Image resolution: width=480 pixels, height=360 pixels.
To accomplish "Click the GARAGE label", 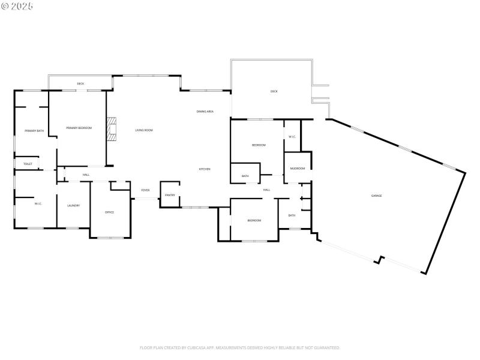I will (376, 196).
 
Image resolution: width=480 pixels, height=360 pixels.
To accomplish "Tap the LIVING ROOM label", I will (143, 130).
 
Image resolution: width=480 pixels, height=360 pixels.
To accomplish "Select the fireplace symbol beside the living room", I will (111, 128).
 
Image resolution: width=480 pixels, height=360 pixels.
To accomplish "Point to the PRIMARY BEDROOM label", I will (79, 128).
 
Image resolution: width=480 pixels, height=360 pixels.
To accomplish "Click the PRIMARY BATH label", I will (34, 131).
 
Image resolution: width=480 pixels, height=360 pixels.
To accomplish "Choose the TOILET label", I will (28, 164).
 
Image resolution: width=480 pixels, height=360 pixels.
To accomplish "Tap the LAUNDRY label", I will (74, 206).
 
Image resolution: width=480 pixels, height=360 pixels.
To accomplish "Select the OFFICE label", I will (109, 212).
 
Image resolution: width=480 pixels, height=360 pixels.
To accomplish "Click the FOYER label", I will (145, 190).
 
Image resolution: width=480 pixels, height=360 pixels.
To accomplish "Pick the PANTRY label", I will (170, 195).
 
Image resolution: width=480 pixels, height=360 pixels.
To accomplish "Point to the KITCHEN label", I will (205, 169).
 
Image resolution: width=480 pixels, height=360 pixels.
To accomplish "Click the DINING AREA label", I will (205, 112).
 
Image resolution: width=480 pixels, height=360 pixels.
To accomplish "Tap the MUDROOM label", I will (297, 169).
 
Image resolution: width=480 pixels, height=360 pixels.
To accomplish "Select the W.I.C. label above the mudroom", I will (292, 137).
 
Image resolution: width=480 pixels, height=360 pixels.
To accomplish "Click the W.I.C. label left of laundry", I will (38, 204).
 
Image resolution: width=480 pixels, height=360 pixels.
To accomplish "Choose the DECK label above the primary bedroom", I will (80, 83).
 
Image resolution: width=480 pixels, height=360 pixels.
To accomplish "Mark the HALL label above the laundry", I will (86, 175).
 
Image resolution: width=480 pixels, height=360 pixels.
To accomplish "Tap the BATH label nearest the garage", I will (292, 215).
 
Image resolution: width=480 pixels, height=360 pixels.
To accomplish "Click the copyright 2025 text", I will (17, 5).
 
